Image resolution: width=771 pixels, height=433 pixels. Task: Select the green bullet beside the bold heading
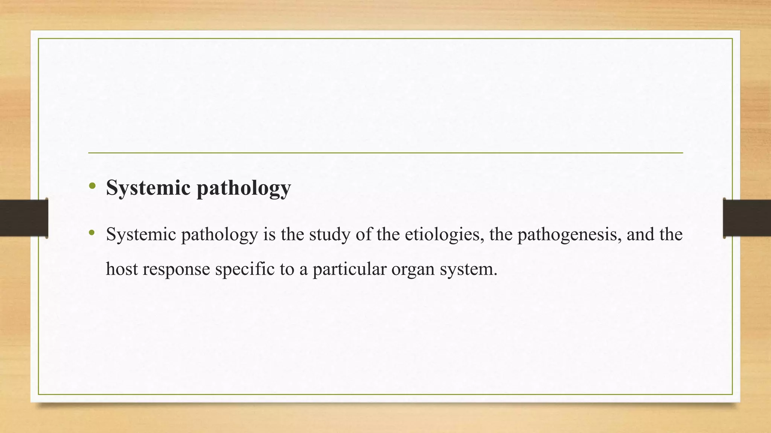click(x=92, y=186)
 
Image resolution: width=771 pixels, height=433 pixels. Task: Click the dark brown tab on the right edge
click(x=747, y=218)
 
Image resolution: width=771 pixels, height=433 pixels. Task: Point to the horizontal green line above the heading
click(x=385, y=153)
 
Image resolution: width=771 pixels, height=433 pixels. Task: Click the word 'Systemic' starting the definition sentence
click(x=141, y=235)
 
